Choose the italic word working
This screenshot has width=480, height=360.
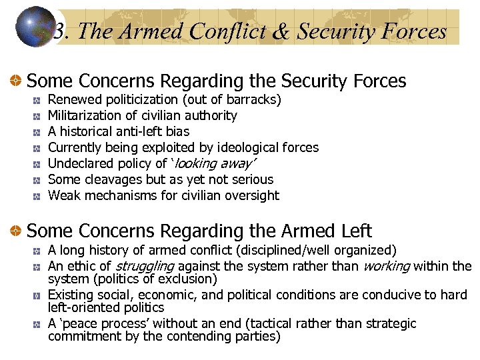(x=385, y=267)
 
